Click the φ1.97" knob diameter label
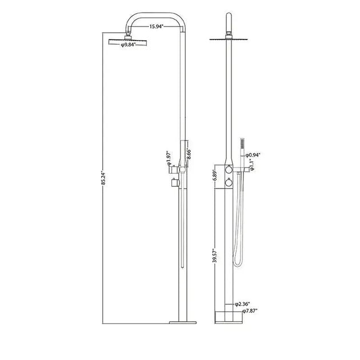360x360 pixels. pyautogui.click(x=170, y=157)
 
